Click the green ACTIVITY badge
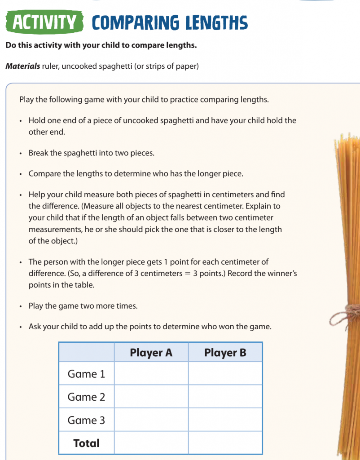[44, 22]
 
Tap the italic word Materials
[22, 66]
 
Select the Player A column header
[151, 353]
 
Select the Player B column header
[225, 353]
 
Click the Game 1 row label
[86, 374]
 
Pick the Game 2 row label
[86, 397]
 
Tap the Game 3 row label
[86, 420]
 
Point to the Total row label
[86, 443]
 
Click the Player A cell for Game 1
[151, 374]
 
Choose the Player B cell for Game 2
[225, 397]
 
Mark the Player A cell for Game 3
[151, 420]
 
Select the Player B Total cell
[225, 443]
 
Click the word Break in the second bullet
[39, 153]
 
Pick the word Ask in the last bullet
[35, 327]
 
